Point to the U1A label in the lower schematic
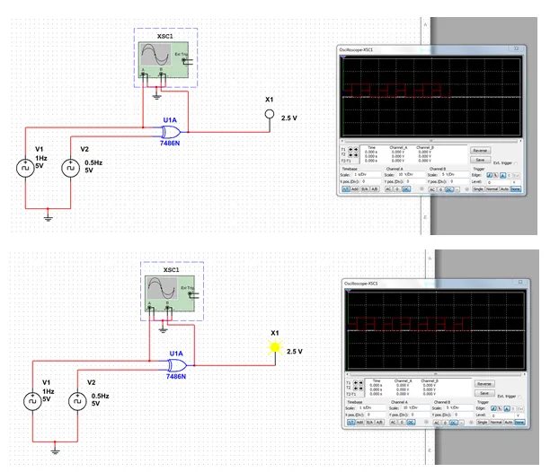click(176, 354)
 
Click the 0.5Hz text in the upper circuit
click(93, 162)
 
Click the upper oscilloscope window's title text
click(361, 48)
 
